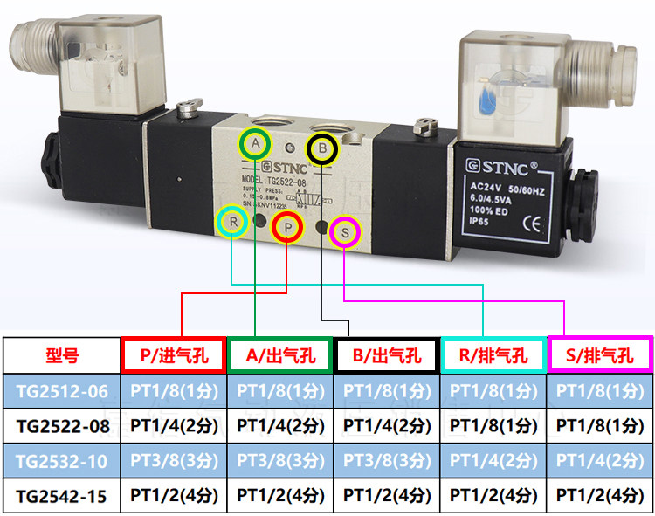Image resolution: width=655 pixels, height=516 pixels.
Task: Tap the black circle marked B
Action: [x=323, y=149]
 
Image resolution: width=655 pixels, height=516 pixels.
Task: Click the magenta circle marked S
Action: [x=345, y=231]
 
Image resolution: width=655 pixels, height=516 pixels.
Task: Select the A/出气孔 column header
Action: [x=281, y=355]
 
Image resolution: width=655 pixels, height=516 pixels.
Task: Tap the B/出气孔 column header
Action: [x=386, y=355]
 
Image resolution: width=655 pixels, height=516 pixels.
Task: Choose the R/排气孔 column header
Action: [x=493, y=355]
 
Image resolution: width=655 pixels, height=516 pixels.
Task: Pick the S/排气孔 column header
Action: [x=600, y=355]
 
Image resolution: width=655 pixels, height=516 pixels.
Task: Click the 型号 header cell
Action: [x=62, y=355]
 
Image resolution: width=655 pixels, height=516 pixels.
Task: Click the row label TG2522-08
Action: [x=62, y=426]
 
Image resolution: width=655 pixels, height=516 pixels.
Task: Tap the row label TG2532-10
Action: [x=62, y=460]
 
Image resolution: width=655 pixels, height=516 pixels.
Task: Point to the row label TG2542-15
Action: [x=62, y=495]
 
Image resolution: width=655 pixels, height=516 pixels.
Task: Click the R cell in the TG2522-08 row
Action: [x=493, y=426]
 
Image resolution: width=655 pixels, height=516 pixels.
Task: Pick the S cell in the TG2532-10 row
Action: [x=600, y=460]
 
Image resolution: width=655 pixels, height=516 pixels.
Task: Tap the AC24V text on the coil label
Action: [x=485, y=187]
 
